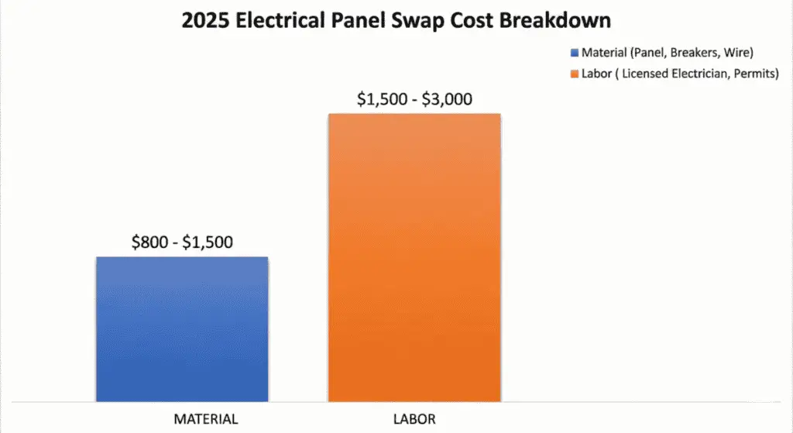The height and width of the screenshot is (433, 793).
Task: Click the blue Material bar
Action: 182,329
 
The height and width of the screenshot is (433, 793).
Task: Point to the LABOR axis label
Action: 414,419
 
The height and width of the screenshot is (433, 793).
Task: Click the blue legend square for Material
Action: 574,53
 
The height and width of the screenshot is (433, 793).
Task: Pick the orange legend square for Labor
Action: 574,74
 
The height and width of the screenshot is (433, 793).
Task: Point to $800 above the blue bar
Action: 149,242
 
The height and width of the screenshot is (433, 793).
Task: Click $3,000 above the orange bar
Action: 445,99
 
